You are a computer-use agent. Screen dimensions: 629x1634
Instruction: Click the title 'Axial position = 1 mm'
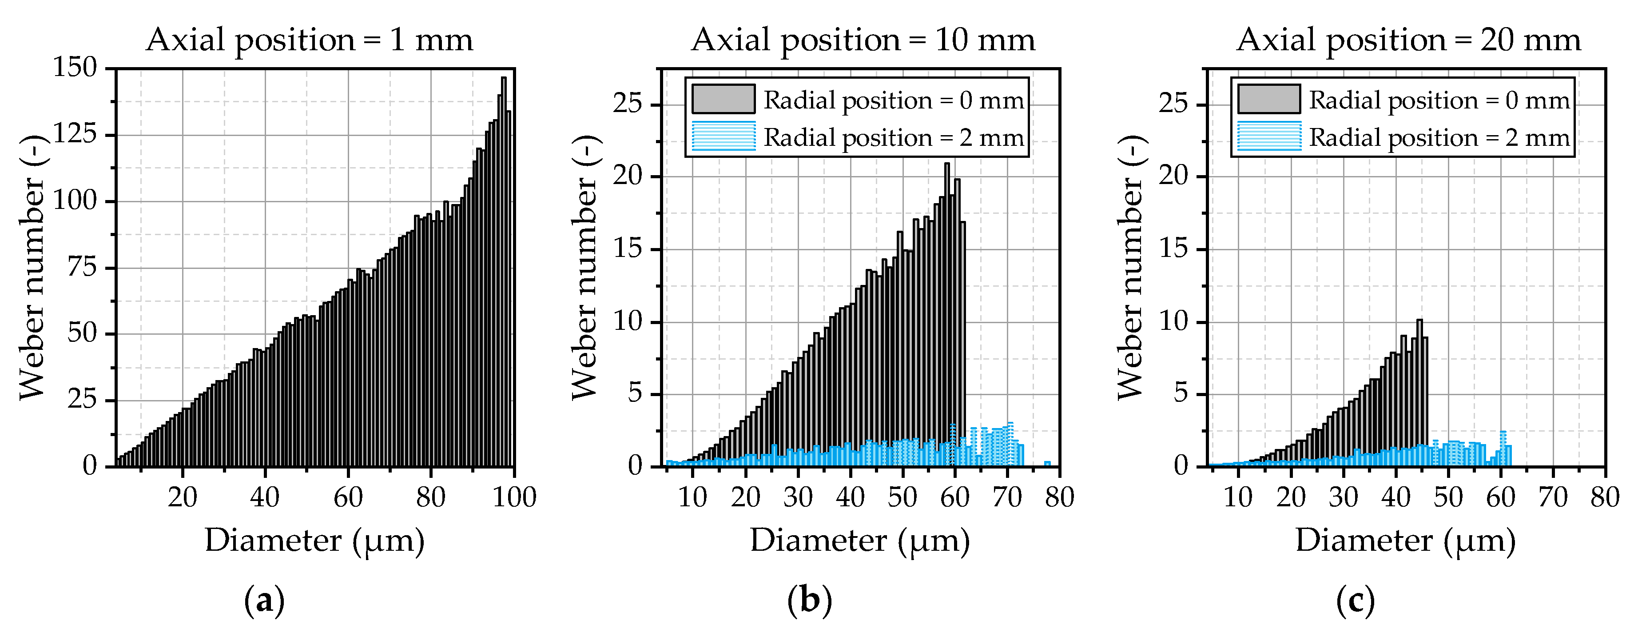coord(310,40)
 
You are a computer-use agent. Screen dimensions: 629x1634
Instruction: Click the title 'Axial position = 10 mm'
coord(863,40)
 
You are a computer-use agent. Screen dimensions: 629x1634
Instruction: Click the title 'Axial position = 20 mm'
coord(1408,40)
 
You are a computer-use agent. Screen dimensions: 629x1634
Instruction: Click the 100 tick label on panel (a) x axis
coord(514,497)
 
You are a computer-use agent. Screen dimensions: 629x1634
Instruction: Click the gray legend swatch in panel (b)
coord(723,100)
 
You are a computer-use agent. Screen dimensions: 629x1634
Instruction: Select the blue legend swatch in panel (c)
coord(1268,136)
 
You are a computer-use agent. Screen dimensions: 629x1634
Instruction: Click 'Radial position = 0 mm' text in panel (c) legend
coord(1439,100)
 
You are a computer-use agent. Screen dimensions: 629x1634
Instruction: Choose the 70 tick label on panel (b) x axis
coord(1007,497)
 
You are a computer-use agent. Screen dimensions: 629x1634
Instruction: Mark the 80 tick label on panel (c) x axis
coord(1605,497)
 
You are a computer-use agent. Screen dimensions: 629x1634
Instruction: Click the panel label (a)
coord(264,600)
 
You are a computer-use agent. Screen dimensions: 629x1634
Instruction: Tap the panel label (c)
coord(1356,600)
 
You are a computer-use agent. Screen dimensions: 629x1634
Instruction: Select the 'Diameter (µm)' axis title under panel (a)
coord(314,541)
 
